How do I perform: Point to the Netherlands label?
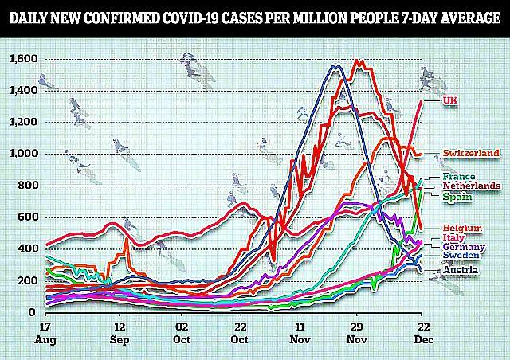pyautogui.click(x=473, y=186)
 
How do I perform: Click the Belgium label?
pyautogui.click(x=462, y=228)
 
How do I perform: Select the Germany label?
pyautogui.click(x=464, y=248)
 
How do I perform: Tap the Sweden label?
pyautogui.click(x=461, y=257)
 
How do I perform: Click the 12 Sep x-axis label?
pyautogui.click(x=120, y=333)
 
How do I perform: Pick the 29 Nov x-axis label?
pyautogui.click(x=359, y=333)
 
